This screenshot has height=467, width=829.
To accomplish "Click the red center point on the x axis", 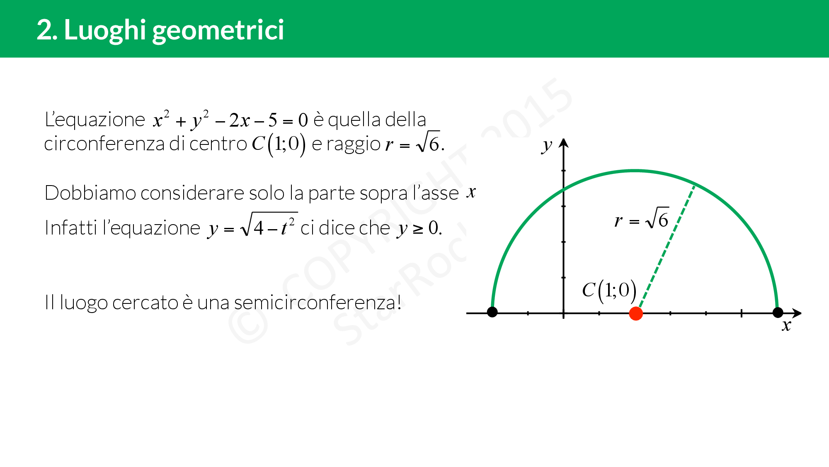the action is click(636, 313).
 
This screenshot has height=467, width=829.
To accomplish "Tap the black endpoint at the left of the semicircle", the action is click(492, 312).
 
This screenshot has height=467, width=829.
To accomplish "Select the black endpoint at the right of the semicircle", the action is click(778, 312).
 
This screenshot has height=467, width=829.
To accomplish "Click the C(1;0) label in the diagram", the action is click(609, 290).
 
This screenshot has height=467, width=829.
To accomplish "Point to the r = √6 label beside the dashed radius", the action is click(642, 218).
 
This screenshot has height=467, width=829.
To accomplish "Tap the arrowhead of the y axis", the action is click(563, 143).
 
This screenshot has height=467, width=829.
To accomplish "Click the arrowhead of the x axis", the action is click(797, 313).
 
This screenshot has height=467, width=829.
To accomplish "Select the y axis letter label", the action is click(547, 146).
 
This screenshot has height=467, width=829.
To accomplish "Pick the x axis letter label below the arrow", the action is click(786, 325).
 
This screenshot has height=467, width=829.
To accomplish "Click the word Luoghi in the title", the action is click(105, 31).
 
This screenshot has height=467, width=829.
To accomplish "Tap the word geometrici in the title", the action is click(218, 31).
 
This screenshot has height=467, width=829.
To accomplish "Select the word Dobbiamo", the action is click(90, 193).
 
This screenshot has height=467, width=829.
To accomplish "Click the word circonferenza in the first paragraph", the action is click(104, 144).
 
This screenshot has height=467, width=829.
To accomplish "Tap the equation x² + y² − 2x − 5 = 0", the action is click(230, 120).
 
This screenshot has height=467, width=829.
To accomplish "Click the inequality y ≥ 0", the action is click(419, 228).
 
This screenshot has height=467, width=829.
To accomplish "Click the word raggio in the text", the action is click(354, 144).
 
